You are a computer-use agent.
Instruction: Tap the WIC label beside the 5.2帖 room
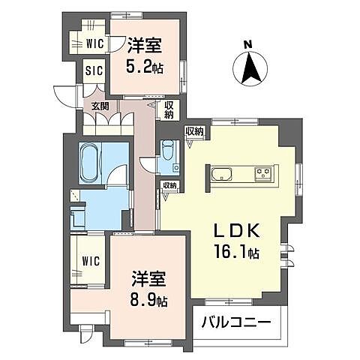[x=94, y=43]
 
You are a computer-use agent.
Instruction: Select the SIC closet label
[x=94, y=72]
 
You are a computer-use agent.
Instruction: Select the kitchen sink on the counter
[x=223, y=175]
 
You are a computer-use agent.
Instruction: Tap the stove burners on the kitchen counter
[x=263, y=174]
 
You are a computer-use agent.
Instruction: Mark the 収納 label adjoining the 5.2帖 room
[x=169, y=110]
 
